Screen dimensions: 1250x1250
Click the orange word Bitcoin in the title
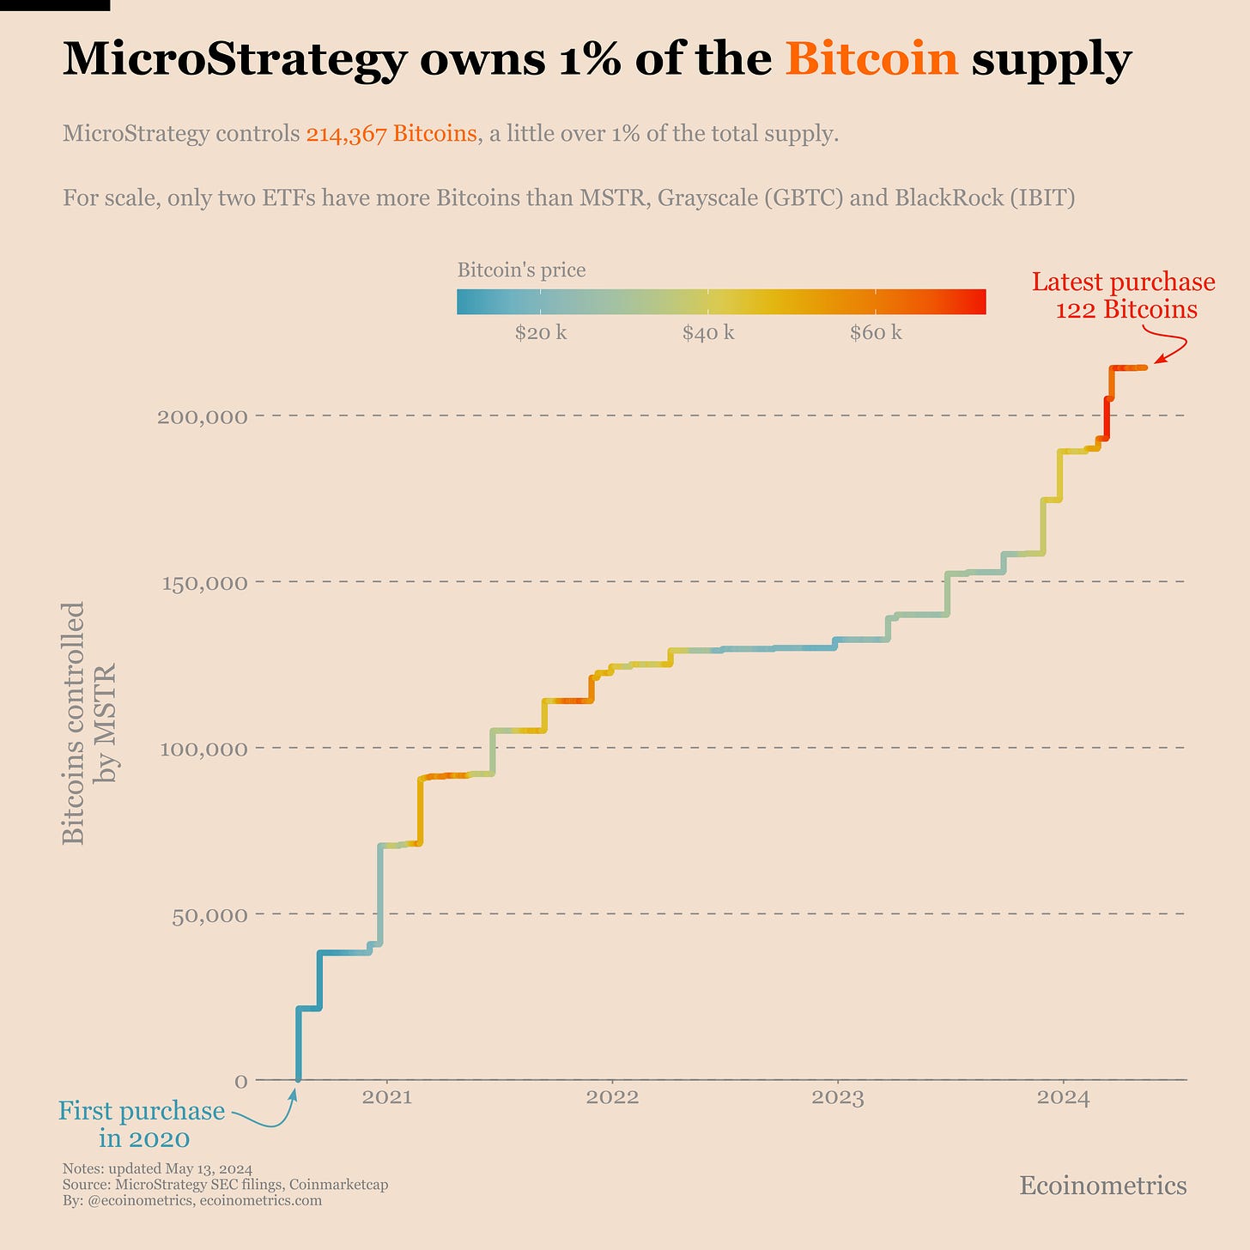(x=871, y=60)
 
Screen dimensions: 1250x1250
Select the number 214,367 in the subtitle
(x=346, y=134)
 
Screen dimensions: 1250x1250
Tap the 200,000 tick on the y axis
(x=203, y=416)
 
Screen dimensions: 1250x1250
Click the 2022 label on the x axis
(x=612, y=1097)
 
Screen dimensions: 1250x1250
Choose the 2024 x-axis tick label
(x=1063, y=1097)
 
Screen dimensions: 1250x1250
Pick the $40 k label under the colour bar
(x=708, y=333)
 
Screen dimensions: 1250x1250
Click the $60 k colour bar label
(x=876, y=333)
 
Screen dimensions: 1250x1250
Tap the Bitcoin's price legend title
(x=521, y=270)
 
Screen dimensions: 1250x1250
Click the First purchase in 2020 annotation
(x=143, y=1125)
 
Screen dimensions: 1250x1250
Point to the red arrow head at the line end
(x=1156, y=362)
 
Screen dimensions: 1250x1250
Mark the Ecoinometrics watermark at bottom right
(x=1102, y=1186)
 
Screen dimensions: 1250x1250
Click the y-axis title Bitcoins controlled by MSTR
(x=88, y=723)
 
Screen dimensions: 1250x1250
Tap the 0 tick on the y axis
(x=241, y=1081)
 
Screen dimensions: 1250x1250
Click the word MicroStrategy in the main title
(x=234, y=60)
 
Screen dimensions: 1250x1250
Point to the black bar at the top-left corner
(x=55, y=5)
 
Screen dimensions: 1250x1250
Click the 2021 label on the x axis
(x=386, y=1097)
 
